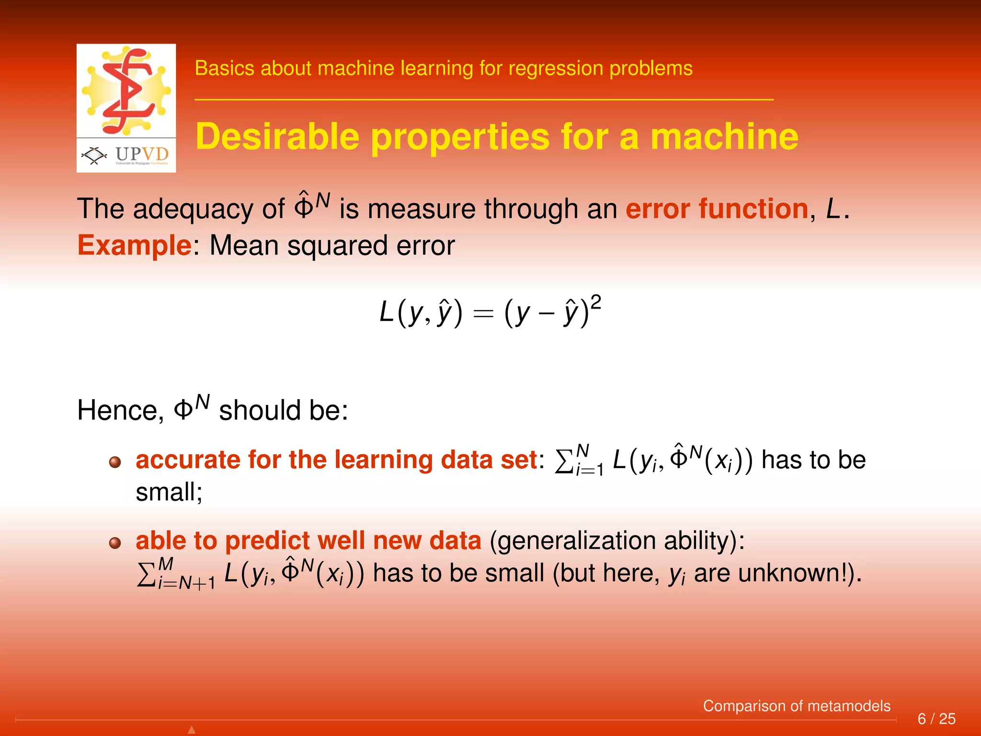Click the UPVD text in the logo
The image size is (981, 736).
[142, 154]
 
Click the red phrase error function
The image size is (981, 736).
[717, 209]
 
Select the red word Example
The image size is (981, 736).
[135, 246]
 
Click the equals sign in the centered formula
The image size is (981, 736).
[483, 314]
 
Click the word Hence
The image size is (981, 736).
[120, 411]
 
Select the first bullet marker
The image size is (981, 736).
[115, 462]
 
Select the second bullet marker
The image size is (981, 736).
[115, 543]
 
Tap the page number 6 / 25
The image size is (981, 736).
[936, 719]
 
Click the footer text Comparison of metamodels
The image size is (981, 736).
[796, 706]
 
